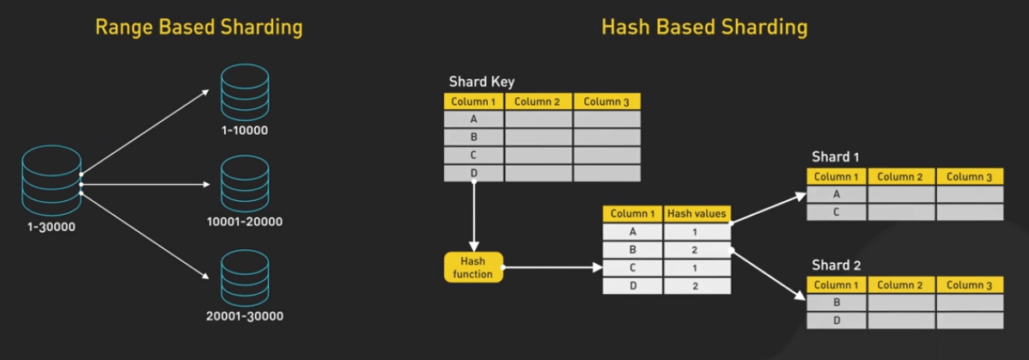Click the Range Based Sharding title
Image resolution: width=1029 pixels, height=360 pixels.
tap(199, 28)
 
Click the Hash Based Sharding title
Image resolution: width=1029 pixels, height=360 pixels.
tap(704, 28)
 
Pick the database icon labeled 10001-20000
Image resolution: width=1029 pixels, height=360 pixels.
tap(245, 183)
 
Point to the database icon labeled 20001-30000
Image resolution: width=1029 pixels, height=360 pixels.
tap(245, 277)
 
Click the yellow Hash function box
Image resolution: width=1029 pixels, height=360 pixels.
tap(473, 267)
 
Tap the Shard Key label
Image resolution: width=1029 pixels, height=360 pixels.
tap(482, 82)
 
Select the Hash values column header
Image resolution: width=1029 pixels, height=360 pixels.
tap(697, 213)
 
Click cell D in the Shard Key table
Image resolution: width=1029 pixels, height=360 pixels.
tap(474, 174)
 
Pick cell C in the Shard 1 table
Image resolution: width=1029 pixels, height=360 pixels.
tap(836, 212)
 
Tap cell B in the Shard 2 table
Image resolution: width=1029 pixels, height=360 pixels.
tap(836, 302)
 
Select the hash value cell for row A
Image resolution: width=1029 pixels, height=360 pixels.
tap(697, 232)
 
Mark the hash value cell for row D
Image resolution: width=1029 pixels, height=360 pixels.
tap(697, 286)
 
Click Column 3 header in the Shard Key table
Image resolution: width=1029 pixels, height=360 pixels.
tap(606, 101)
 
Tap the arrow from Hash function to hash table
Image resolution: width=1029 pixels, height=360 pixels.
tap(553, 267)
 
